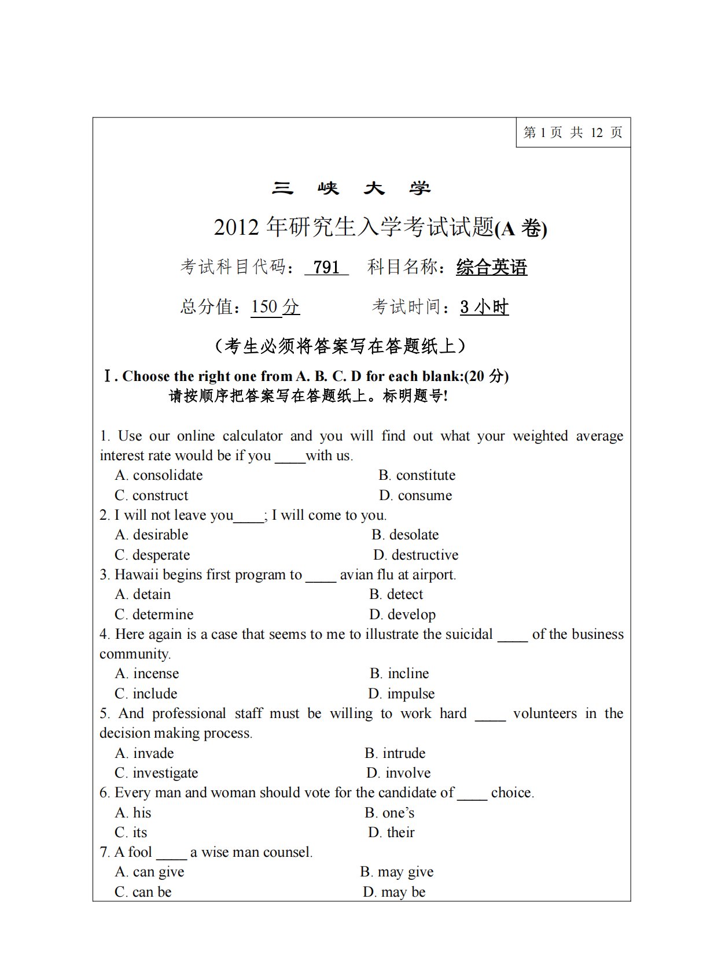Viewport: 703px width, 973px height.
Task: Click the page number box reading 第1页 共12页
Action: click(572, 132)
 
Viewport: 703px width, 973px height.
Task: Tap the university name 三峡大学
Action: click(351, 188)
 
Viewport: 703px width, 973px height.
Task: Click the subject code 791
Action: click(326, 267)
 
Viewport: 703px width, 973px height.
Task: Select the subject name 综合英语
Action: click(491, 267)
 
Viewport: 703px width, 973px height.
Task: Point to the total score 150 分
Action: click(275, 306)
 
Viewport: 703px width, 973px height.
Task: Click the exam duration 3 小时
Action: click(484, 306)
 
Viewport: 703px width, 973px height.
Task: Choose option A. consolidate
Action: click(159, 475)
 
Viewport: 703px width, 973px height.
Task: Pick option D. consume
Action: click(415, 495)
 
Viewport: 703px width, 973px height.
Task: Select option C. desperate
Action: click(152, 555)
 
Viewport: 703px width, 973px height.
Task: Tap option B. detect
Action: click(396, 594)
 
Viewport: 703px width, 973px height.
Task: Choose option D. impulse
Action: click(401, 694)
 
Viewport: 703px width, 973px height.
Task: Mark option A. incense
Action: click(147, 674)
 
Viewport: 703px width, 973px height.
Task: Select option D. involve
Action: click(399, 773)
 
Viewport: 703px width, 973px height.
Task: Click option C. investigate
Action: click(156, 773)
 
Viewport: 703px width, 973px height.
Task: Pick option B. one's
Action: click(389, 813)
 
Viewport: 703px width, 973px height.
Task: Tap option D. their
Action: click(391, 833)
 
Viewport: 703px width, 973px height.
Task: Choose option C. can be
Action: click(143, 892)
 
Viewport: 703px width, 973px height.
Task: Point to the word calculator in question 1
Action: click(252, 436)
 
